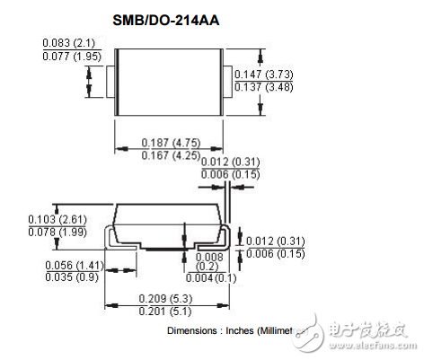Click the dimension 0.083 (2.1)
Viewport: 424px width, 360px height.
click(x=70, y=43)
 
